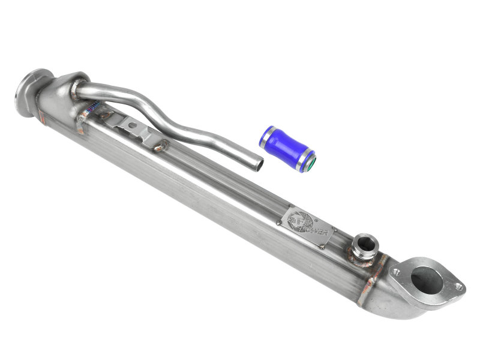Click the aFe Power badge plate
[x=306, y=226]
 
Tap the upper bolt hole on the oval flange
[x=396, y=271]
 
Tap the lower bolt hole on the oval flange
[x=459, y=287]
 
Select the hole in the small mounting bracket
[x=133, y=126]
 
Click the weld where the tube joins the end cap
[x=74, y=91]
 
